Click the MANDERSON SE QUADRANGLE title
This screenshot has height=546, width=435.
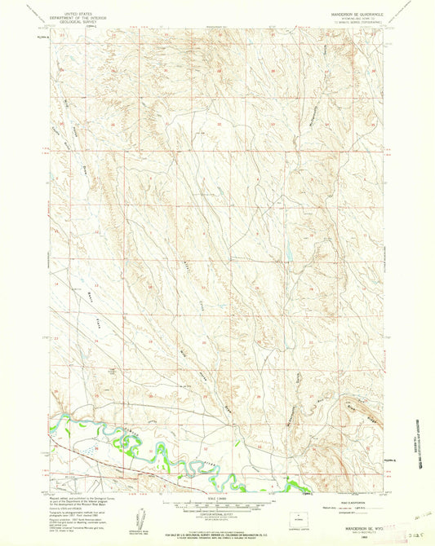[x=349, y=12]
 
